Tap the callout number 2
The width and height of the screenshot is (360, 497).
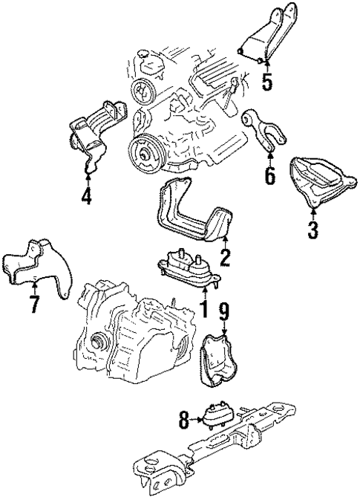[225, 258]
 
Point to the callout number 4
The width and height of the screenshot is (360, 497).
[88, 197]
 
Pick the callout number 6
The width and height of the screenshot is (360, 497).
[270, 175]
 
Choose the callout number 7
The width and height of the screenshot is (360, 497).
[34, 303]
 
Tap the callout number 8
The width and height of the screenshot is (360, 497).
[184, 420]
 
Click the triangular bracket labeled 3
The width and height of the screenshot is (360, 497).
[315, 181]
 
